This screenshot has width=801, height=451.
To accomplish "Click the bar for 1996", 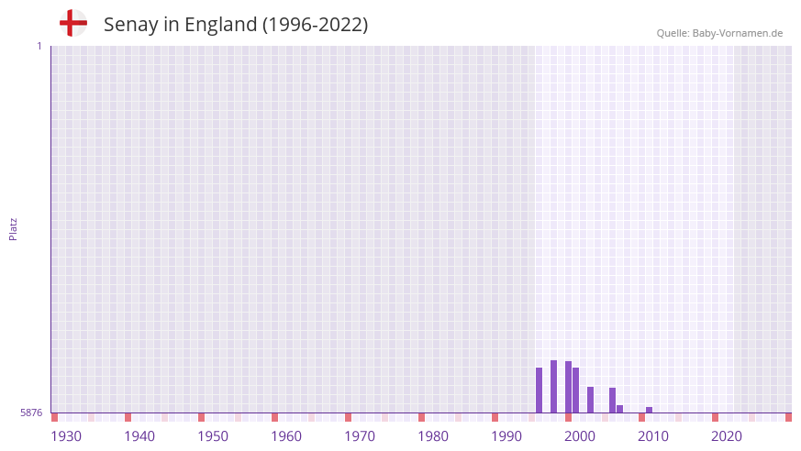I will pos(539,390).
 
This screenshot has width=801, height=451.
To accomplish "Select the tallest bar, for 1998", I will pos(553,386).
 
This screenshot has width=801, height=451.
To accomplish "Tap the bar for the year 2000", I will pos(568,387).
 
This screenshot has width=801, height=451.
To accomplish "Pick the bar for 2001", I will pos(575,390).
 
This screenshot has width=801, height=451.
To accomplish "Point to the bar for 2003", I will pos(590,399).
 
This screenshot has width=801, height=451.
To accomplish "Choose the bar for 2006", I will pos(612,400).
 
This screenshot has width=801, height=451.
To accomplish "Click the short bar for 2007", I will pos(619,409).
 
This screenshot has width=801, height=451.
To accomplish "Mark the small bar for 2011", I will pos(649,410).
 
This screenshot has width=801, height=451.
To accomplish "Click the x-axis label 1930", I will pos(66,436).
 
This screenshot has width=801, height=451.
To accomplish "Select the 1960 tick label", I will pos(286,436).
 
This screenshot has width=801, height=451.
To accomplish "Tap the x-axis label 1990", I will pos(506,436).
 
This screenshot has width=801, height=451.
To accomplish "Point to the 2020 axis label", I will pos(727,436).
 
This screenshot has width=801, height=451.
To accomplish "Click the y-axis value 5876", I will pos(31,412).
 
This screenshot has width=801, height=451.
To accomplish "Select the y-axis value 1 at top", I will pos(39,46).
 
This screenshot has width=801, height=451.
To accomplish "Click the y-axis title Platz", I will pos(13,228).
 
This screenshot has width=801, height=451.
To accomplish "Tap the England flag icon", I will pos(72,23).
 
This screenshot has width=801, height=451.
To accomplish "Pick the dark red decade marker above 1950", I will pos(201,417).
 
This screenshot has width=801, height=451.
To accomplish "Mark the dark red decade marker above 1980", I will pos(421,417).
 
